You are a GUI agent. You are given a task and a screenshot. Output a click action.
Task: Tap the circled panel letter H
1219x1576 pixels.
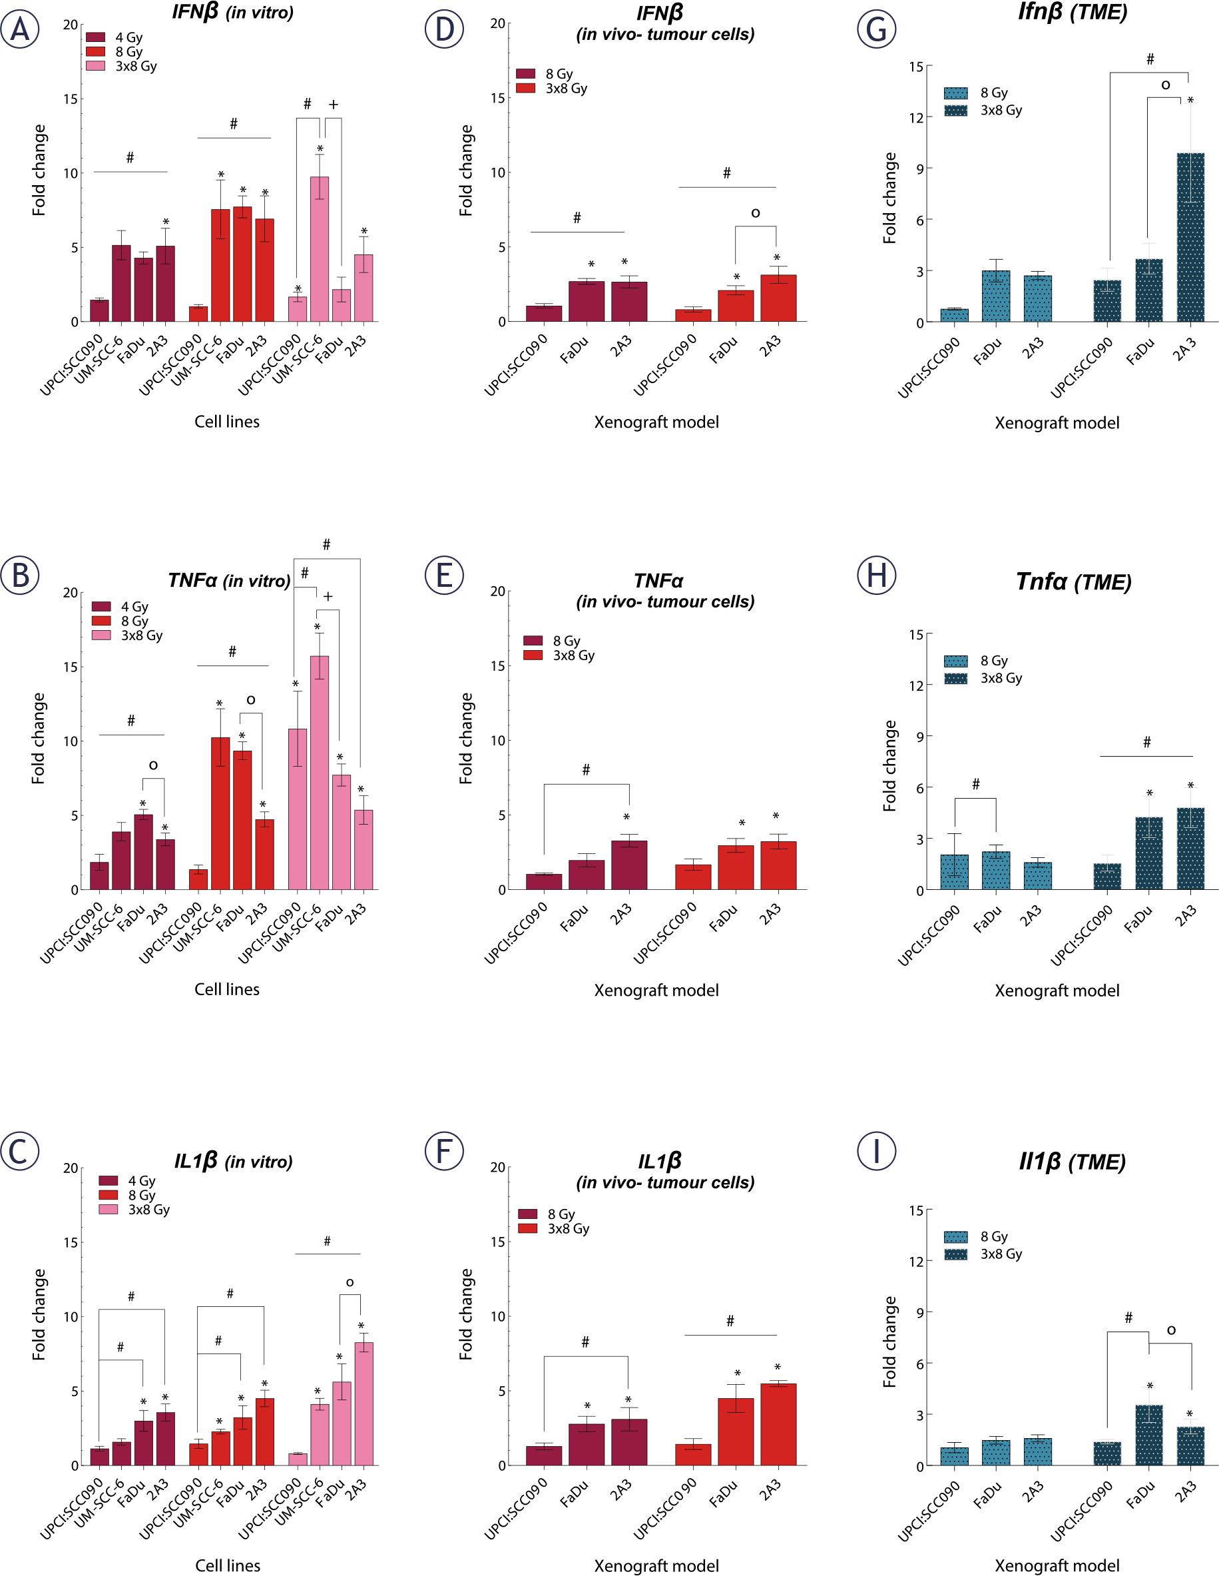coord(876,575)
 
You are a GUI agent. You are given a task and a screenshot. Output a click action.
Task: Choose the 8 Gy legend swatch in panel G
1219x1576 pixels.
coord(956,93)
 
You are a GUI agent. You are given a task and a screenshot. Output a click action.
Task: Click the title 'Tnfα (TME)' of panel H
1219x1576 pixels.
coord(1073,582)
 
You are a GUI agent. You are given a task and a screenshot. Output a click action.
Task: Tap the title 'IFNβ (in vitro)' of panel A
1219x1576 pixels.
coord(232,12)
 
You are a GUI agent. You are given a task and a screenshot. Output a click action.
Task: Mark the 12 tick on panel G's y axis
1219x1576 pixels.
coord(915,118)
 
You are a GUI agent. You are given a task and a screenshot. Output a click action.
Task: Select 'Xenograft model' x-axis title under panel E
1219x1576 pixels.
coord(656,990)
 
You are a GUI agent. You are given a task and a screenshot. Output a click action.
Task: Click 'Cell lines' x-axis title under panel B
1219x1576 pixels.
coord(226,988)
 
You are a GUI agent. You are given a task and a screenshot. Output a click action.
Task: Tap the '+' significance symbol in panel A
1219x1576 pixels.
coord(334,105)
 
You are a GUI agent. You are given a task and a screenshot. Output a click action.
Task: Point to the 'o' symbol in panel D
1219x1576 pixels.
coord(755,213)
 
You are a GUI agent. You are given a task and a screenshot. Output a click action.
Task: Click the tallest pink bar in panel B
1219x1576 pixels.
coord(320,772)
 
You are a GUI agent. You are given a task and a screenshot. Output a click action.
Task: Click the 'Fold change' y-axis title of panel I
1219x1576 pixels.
coord(890,1342)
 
